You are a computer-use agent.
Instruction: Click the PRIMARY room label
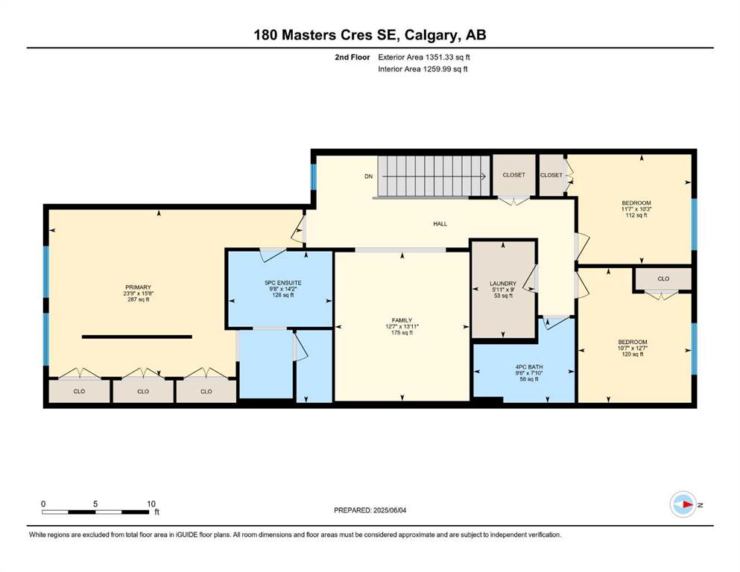139,287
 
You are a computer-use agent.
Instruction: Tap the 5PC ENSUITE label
282,283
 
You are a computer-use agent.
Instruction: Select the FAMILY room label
402,320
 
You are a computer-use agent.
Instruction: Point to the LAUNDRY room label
503,284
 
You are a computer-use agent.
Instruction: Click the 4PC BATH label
529,367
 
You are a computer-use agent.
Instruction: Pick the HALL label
440,224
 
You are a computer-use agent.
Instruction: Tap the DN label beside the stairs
369,177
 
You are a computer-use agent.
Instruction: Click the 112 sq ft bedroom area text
636,215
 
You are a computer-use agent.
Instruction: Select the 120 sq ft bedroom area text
633,354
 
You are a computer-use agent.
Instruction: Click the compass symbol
683,504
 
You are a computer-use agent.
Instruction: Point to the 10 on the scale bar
151,503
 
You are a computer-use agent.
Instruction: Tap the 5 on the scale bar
95,503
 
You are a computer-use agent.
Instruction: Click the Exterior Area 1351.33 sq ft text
424,57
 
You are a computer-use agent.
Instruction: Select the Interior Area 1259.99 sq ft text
423,69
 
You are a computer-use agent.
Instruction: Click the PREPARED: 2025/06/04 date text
370,510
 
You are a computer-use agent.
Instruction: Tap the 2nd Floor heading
352,57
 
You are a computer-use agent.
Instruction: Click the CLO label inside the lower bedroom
663,279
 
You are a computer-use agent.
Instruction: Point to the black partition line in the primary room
137,337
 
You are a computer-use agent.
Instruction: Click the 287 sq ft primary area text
139,299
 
